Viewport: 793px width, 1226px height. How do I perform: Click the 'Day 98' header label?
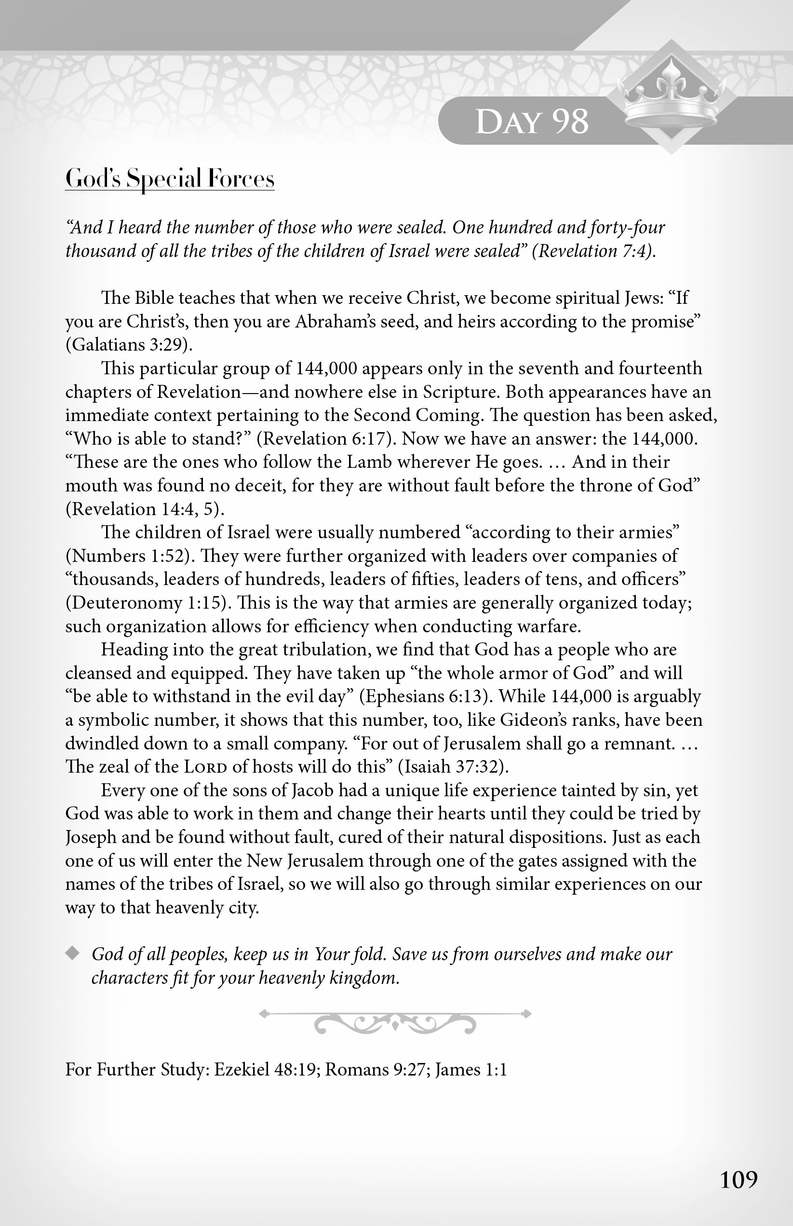point(531,122)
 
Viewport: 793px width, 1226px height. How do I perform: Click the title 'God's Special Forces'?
point(169,179)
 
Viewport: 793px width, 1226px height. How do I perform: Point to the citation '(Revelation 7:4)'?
point(593,251)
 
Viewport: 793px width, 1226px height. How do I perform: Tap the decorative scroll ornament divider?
point(395,1022)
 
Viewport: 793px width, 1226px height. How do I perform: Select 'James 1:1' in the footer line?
point(470,1070)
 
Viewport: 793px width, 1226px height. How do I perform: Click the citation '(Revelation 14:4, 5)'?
point(145,509)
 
